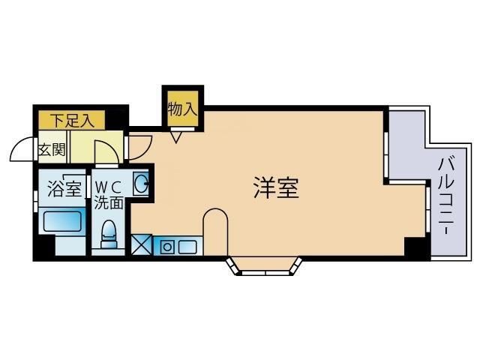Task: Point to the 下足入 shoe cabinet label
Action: click(72, 119)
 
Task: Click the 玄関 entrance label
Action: click(52, 149)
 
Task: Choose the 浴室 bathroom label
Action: click(64, 188)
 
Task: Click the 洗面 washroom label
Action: click(106, 201)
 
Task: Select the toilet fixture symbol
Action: click(109, 233)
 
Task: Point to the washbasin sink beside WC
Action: click(140, 182)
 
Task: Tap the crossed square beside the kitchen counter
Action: click(141, 245)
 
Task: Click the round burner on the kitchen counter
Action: click(166, 246)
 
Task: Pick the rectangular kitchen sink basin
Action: click(187, 246)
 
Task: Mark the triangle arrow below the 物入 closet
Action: click(177, 136)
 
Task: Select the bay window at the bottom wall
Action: click(266, 267)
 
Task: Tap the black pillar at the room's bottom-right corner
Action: click(415, 247)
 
